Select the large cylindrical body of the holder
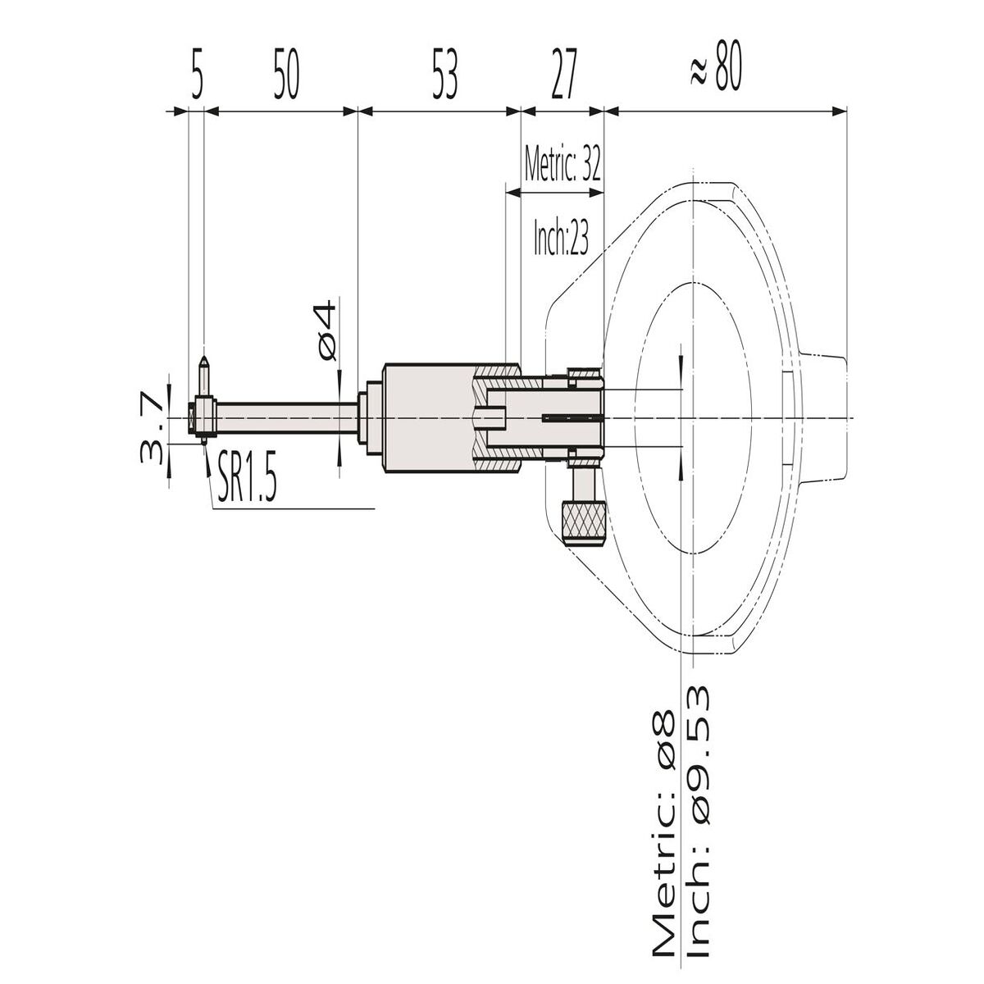click(426, 418)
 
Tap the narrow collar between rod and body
click(371, 418)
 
